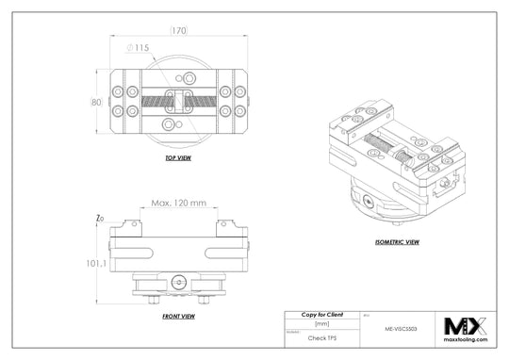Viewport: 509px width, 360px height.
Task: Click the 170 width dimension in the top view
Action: [x=177, y=30]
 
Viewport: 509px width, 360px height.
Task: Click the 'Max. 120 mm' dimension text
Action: [x=177, y=204]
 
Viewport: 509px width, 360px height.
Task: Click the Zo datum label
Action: [x=99, y=219]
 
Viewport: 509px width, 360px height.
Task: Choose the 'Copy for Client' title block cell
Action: [x=320, y=314]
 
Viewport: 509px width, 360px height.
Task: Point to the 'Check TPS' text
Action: [x=320, y=336]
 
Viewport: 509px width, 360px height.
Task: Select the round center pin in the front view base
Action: [x=178, y=279]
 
